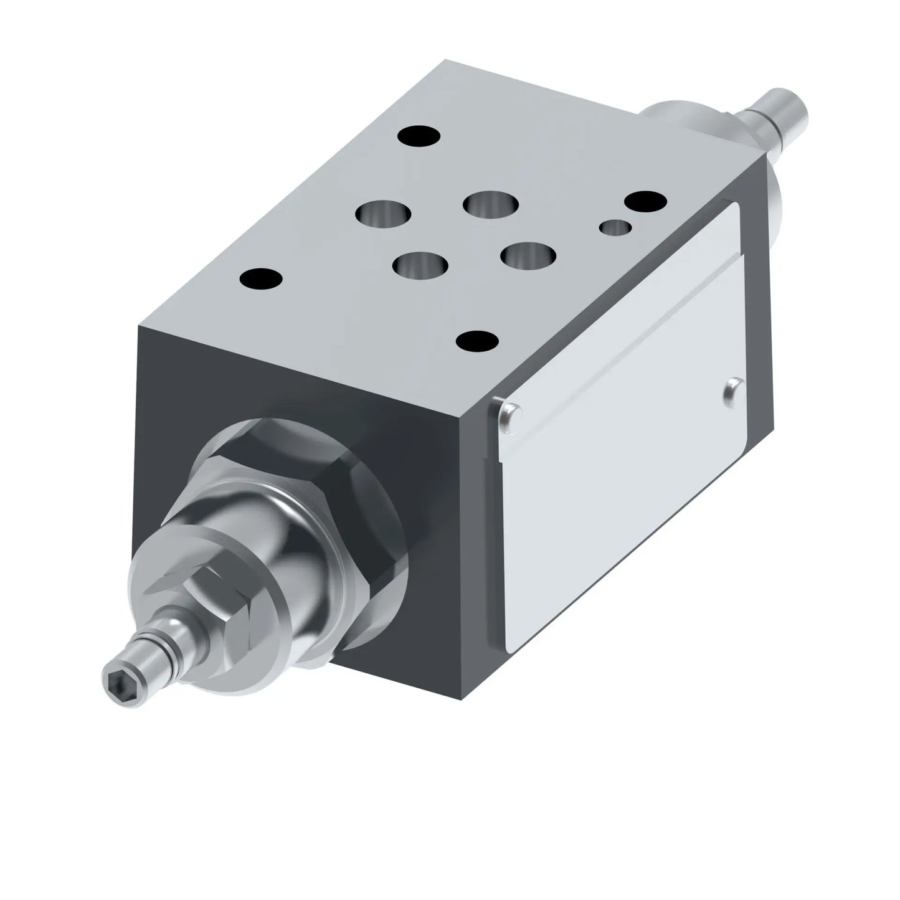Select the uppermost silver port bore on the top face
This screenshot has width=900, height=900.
pos(491,204)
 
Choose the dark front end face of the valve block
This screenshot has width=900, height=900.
pos(206,399)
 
